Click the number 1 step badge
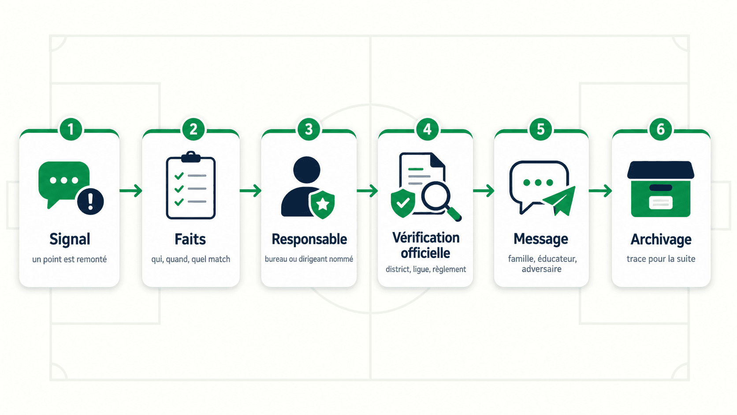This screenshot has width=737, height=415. [71, 129]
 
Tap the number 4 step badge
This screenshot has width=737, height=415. [427, 129]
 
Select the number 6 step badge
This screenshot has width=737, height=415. [660, 129]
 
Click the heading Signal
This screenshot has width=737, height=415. [70, 239]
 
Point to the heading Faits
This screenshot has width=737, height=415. [190, 239]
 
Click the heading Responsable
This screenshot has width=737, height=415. [309, 239]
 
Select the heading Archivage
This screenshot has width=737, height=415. [661, 239]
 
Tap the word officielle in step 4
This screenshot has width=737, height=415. [425, 253]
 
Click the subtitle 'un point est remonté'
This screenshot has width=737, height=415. [69, 259]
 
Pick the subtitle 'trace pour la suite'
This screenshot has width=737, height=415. [661, 259]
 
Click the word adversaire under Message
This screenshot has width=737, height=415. [542, 269]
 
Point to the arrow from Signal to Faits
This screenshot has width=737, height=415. [130, 191]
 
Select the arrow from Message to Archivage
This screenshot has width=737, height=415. [600, 191]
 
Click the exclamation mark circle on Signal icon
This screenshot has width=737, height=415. [90, 202]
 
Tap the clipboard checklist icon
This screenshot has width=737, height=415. [191, 185]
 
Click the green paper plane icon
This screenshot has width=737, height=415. [559, 201]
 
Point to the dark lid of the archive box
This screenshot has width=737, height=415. [661, 170]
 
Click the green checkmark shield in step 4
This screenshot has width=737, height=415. [403, 203]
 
